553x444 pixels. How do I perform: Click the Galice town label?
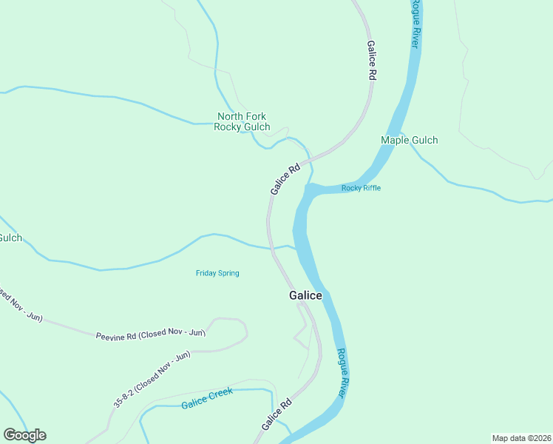[305, 295]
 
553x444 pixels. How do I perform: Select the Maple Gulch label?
[409, 140]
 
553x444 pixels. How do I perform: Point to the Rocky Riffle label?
[361, 188]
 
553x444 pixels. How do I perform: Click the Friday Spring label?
[217, 273]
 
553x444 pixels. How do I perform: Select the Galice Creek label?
[207, 398]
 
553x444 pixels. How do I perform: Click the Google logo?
[24, 435]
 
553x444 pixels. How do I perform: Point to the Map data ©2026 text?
[521, 437]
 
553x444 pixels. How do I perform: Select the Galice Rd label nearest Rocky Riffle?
[285, 180]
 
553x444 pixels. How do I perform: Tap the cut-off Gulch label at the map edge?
[10, 238]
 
